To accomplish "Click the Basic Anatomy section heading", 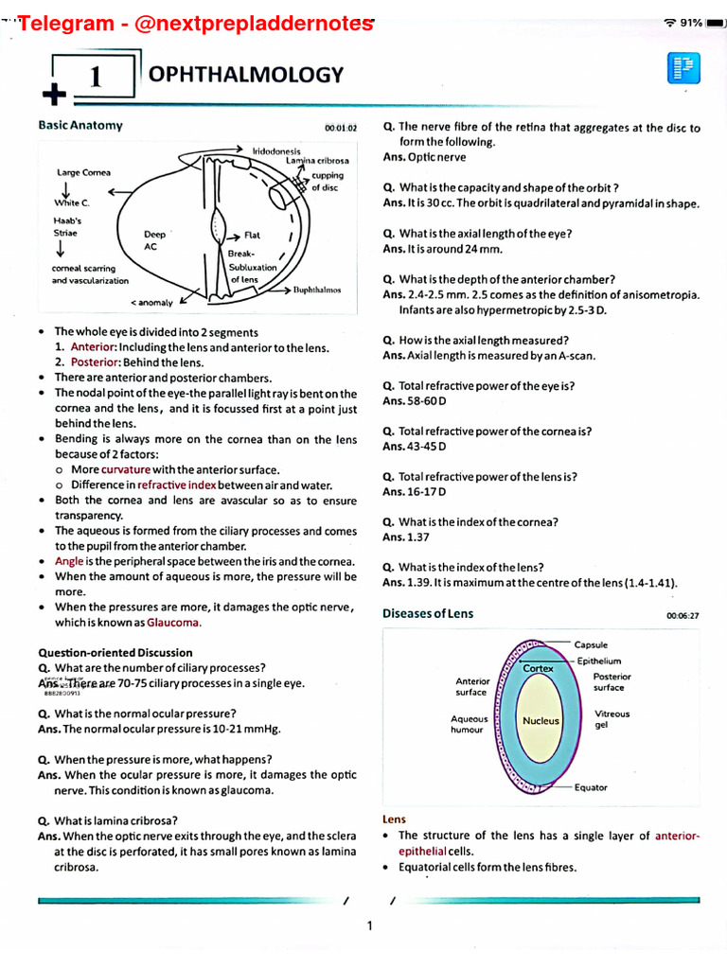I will coord(80,125).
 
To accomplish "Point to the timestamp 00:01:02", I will coord(340,128).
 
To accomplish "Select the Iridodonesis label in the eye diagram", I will coord(276,151).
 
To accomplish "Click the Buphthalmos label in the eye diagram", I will coord(316,290).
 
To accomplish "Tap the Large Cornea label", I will coord(83,172).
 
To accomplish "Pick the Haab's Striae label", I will coord(66,226).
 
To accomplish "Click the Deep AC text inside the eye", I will coord(154,240).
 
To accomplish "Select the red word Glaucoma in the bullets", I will coord(173,623).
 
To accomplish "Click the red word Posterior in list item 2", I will coord(93,362).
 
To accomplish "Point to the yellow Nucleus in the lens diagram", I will coord(541,721).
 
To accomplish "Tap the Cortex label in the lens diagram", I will coord(538,669).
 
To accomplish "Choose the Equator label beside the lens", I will coord(591,787).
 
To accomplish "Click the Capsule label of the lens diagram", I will coord(591,644).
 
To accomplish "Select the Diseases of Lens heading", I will coord(428,613).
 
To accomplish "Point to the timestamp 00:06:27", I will coord(682,616).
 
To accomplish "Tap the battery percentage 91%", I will coord(688,22).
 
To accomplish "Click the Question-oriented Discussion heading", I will coord(115,652).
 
